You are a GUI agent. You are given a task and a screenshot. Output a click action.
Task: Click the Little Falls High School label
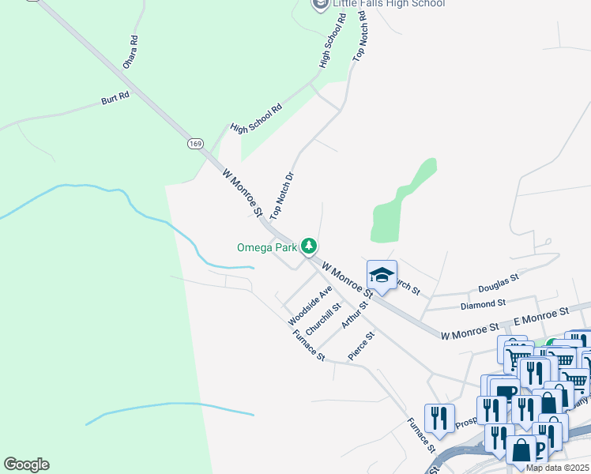coord(389,4)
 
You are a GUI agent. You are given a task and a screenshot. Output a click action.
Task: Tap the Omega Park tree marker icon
coord(308,246)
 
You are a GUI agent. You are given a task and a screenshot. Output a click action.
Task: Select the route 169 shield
coord(196,143)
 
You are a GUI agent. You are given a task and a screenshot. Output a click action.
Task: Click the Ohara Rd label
coord(130,52)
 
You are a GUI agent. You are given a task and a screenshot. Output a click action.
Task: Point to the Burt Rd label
coord(115,98)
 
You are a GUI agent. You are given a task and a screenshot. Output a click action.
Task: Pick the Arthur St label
coord(356,314)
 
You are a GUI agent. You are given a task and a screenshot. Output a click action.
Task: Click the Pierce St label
coord(361,345)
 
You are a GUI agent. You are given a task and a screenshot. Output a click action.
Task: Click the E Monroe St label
coord(541,317)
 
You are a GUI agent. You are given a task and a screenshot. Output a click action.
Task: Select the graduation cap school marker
coord(382,276)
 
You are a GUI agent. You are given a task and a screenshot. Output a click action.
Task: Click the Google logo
coord(26,465)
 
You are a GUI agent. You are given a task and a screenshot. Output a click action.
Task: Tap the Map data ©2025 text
coord(557,468)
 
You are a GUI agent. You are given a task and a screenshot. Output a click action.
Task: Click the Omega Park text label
coord(266,247)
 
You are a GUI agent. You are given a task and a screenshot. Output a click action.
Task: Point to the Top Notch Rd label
coord(360,38)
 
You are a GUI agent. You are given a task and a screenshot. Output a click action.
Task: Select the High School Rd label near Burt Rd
coord(256,118)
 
